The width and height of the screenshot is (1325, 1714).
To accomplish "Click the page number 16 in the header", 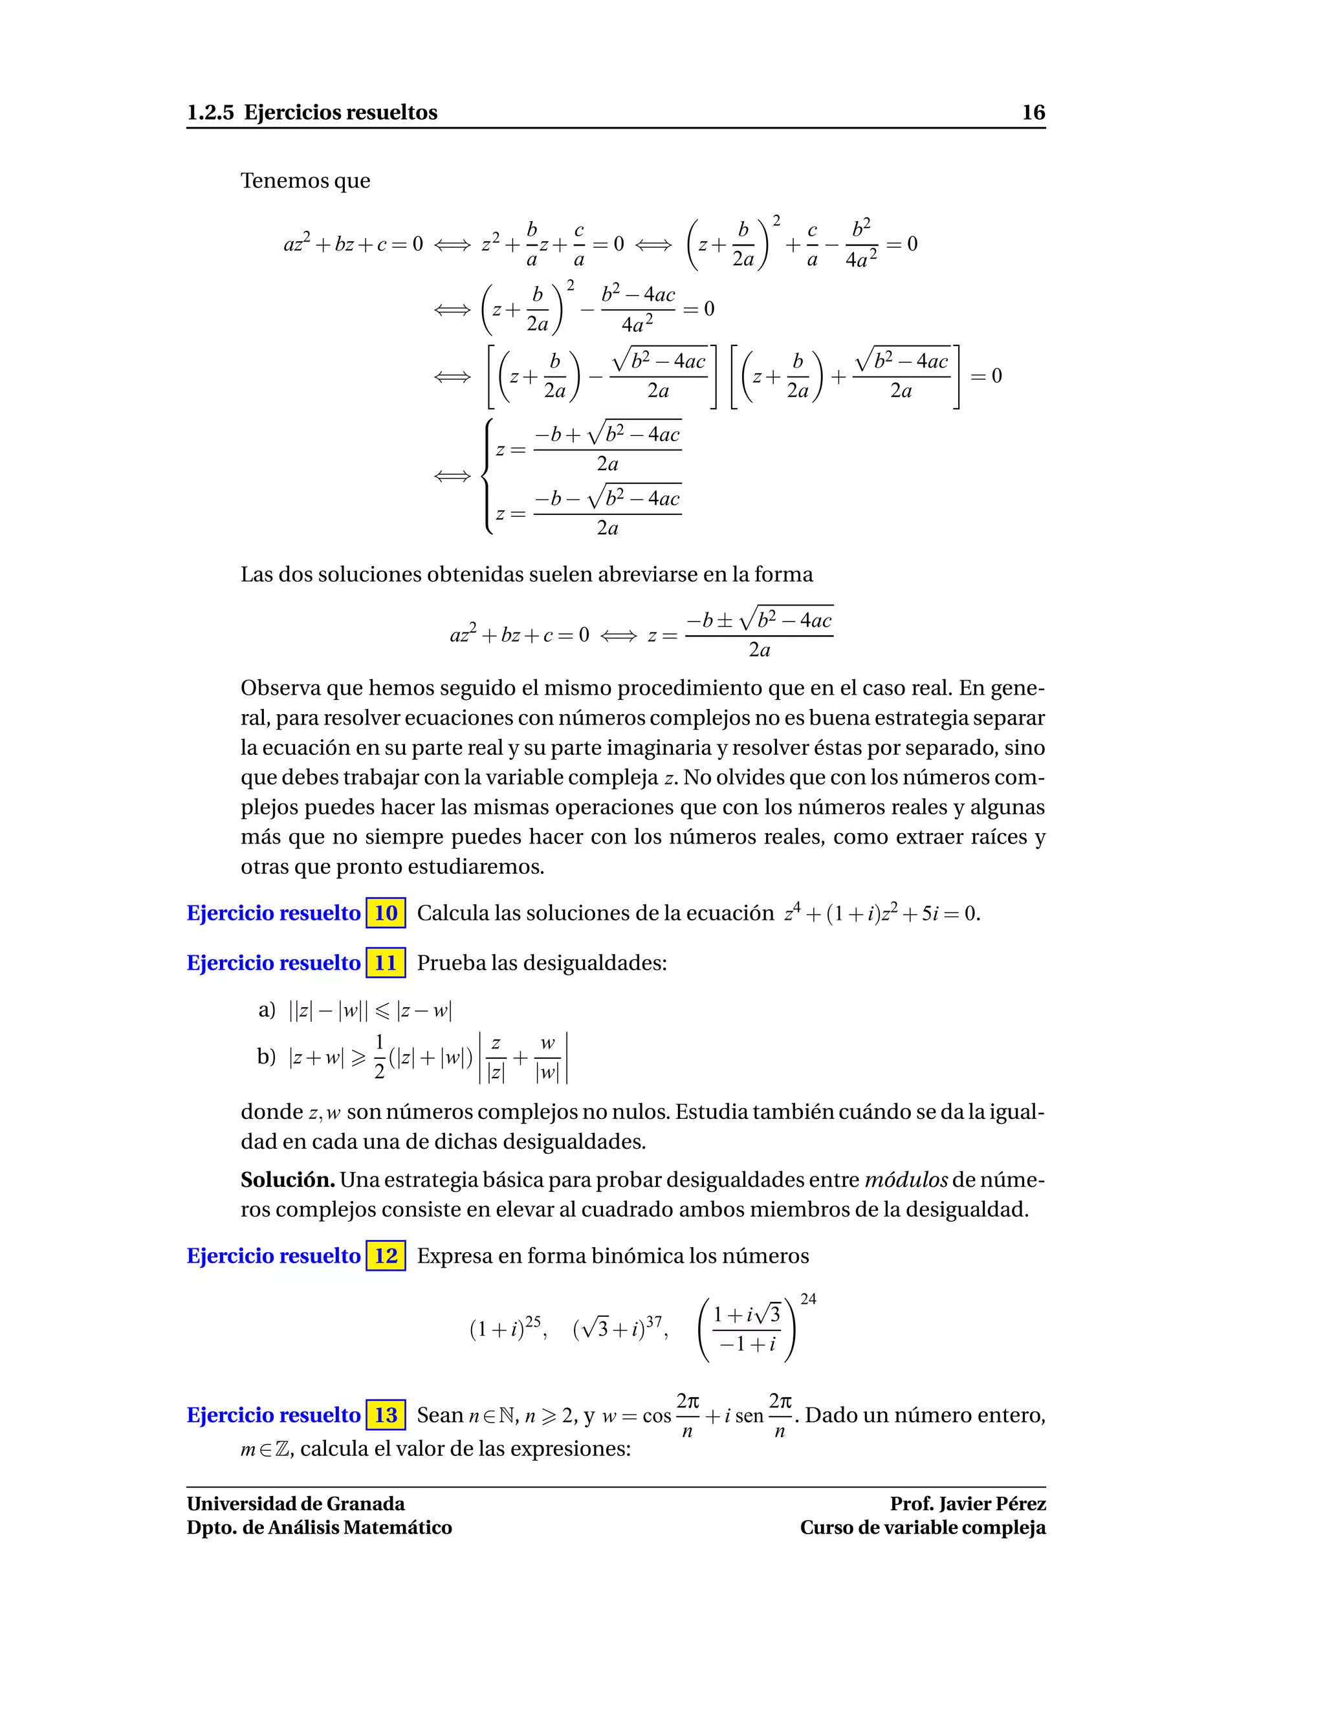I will pyautogui.click(x=1033, y=113).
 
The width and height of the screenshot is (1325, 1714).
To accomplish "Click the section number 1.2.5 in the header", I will pyautogui.click(x=210, y=113).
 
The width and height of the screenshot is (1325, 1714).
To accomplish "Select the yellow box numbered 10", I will pyautogui.click(x=386, y=913).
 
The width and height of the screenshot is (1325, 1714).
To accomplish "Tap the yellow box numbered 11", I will pyautogui.click(x=386, y=962).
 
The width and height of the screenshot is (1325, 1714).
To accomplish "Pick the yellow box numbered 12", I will pyautogui.click(x=386, y=1255).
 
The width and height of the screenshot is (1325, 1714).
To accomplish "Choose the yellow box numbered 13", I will pyautogui.click(x=386, y=1415).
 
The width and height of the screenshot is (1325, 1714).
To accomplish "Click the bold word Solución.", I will pyautogui.click(x=287, y=1180).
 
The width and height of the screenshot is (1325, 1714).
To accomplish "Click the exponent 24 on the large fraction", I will pyautogui.click(x=807, y=1299).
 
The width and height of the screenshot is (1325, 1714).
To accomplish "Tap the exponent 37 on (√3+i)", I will pyautogui.click(x=654, y=1321).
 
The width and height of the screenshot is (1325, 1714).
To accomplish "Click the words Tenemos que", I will pyautogui.click(x=305, y=180).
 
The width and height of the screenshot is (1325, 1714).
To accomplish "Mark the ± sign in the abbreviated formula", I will pyautogui.click(x=725, y=621).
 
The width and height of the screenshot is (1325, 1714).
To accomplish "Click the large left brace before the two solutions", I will pyautogui.click(x=488, y=477).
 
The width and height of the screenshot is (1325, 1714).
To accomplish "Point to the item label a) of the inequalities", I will pyautogui.click(x=267, y=1010).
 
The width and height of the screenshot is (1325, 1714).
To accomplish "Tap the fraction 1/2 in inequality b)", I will pyautogui.click(x=379, y=1056).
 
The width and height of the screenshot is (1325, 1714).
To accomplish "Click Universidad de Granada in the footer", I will pyautogui.click(x=296, y=1504).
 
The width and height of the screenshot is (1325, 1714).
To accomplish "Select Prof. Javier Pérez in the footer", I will pyautogui.click(x=967, y=1504).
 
